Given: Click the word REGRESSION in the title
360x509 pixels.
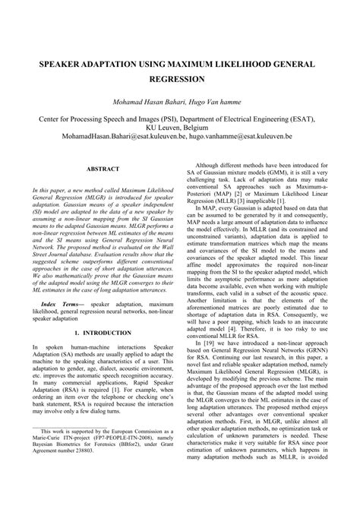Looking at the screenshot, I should [180, 78].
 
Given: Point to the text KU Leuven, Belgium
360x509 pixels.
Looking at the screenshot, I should [180, 130].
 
